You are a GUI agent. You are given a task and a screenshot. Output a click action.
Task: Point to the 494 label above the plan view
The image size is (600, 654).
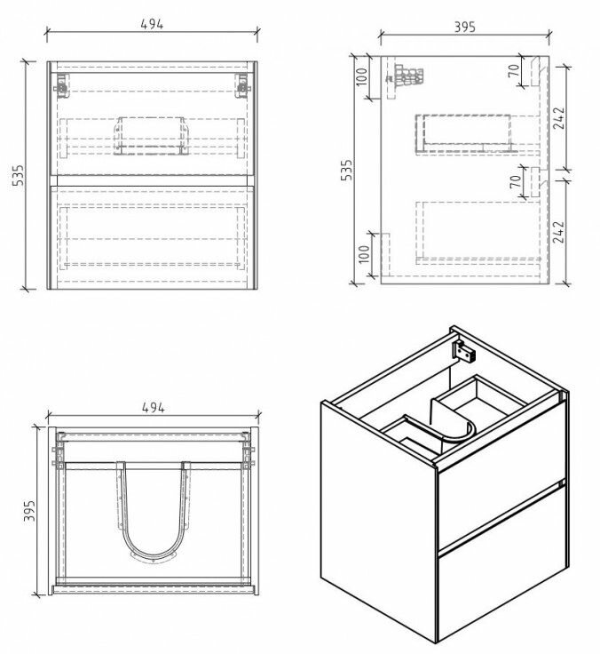click(153, 407)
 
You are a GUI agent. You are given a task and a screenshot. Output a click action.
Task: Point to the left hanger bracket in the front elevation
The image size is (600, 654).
click(61, 85)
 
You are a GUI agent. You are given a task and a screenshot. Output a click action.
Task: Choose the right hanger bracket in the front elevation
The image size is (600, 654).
click(243, 85)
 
